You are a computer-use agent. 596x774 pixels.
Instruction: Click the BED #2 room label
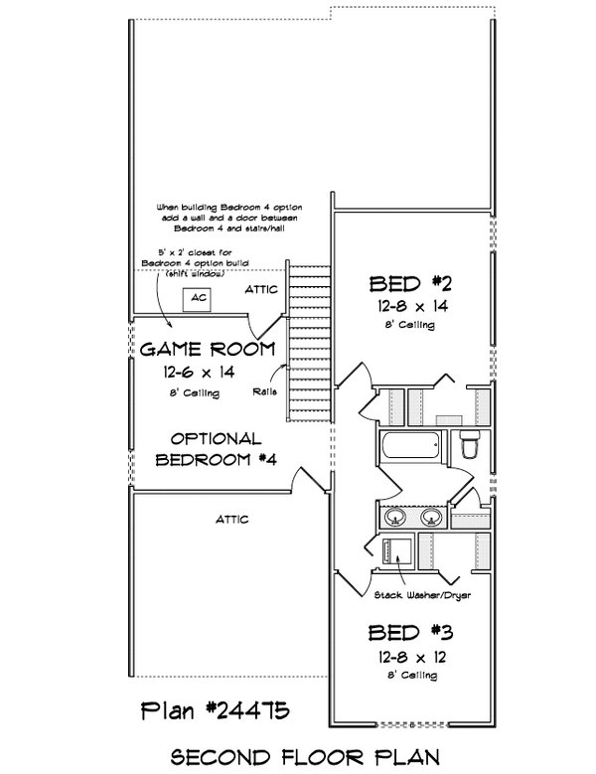point(410,284)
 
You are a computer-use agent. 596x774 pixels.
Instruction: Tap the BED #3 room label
point(410,633)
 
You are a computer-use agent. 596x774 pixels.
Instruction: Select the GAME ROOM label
point(208,349)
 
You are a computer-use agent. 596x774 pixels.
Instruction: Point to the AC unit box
point(197,299)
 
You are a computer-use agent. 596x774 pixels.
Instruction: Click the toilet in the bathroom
point(469,443)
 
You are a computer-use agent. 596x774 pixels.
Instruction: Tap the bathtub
point(410,446)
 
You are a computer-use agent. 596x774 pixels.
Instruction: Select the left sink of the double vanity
point(395,518)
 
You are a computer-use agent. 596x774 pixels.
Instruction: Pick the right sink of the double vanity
point(432,518)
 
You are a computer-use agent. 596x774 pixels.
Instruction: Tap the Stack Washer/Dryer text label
point(422,595)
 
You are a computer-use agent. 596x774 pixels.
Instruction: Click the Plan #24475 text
point(216,711)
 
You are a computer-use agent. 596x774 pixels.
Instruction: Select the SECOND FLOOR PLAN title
point(305,757)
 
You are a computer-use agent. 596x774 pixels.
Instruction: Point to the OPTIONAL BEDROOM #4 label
point(217,449)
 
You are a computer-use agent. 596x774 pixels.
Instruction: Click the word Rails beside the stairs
point(265,391)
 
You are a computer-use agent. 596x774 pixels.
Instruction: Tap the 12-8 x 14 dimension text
point(413,307)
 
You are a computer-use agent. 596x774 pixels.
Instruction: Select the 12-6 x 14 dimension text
point(199,372)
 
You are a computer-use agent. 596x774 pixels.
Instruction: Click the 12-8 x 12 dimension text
point(412,657)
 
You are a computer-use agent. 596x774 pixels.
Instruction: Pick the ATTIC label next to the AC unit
point(261,290)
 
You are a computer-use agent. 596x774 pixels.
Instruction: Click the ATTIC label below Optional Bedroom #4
point(231,520)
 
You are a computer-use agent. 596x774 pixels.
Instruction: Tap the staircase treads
point(309,344)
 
